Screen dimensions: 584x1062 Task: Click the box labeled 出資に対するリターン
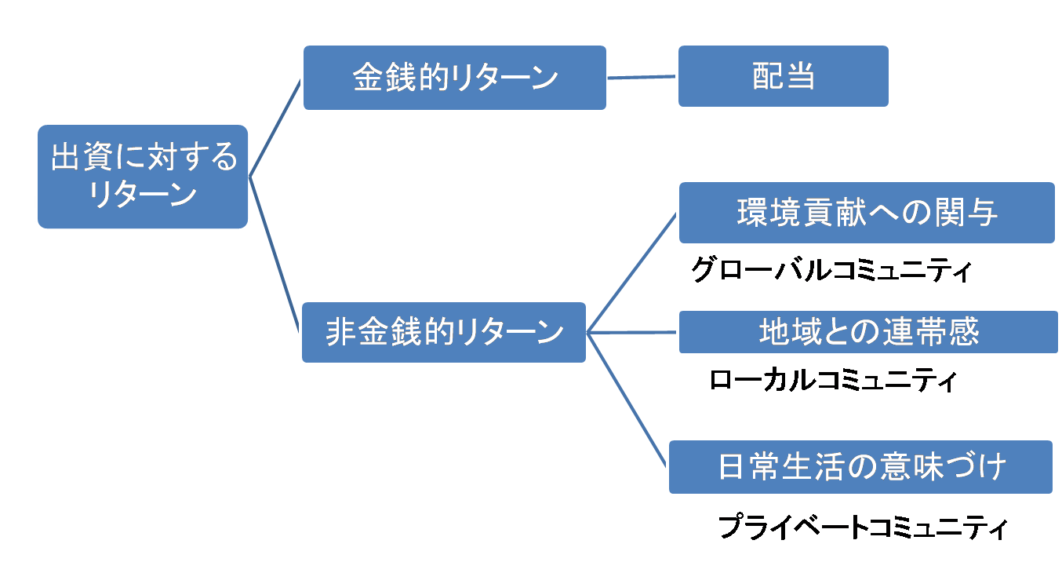click(142, 176)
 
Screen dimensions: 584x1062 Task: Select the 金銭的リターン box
click(455, 78)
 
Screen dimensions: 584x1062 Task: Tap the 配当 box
click(783, 76)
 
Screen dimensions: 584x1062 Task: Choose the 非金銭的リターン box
click(444, 332)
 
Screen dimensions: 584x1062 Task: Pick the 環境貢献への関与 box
click(867, 213)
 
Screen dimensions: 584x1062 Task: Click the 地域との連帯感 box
click(868, 332)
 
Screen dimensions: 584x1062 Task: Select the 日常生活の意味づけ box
click(860, 467)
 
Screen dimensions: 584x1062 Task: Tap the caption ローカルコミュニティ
click(832, 381)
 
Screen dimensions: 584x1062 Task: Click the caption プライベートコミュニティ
click(862, 527)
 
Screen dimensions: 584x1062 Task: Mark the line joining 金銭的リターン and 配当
click(642, 77)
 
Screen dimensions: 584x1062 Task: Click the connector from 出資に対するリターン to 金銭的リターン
click(275, 127)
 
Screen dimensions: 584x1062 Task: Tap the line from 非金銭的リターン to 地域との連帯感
click(632, 332)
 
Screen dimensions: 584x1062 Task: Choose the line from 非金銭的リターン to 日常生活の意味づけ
click(627, 400)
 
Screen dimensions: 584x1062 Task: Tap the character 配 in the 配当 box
click(767, 77)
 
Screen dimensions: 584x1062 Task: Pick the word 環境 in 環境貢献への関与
click(769, 213)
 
